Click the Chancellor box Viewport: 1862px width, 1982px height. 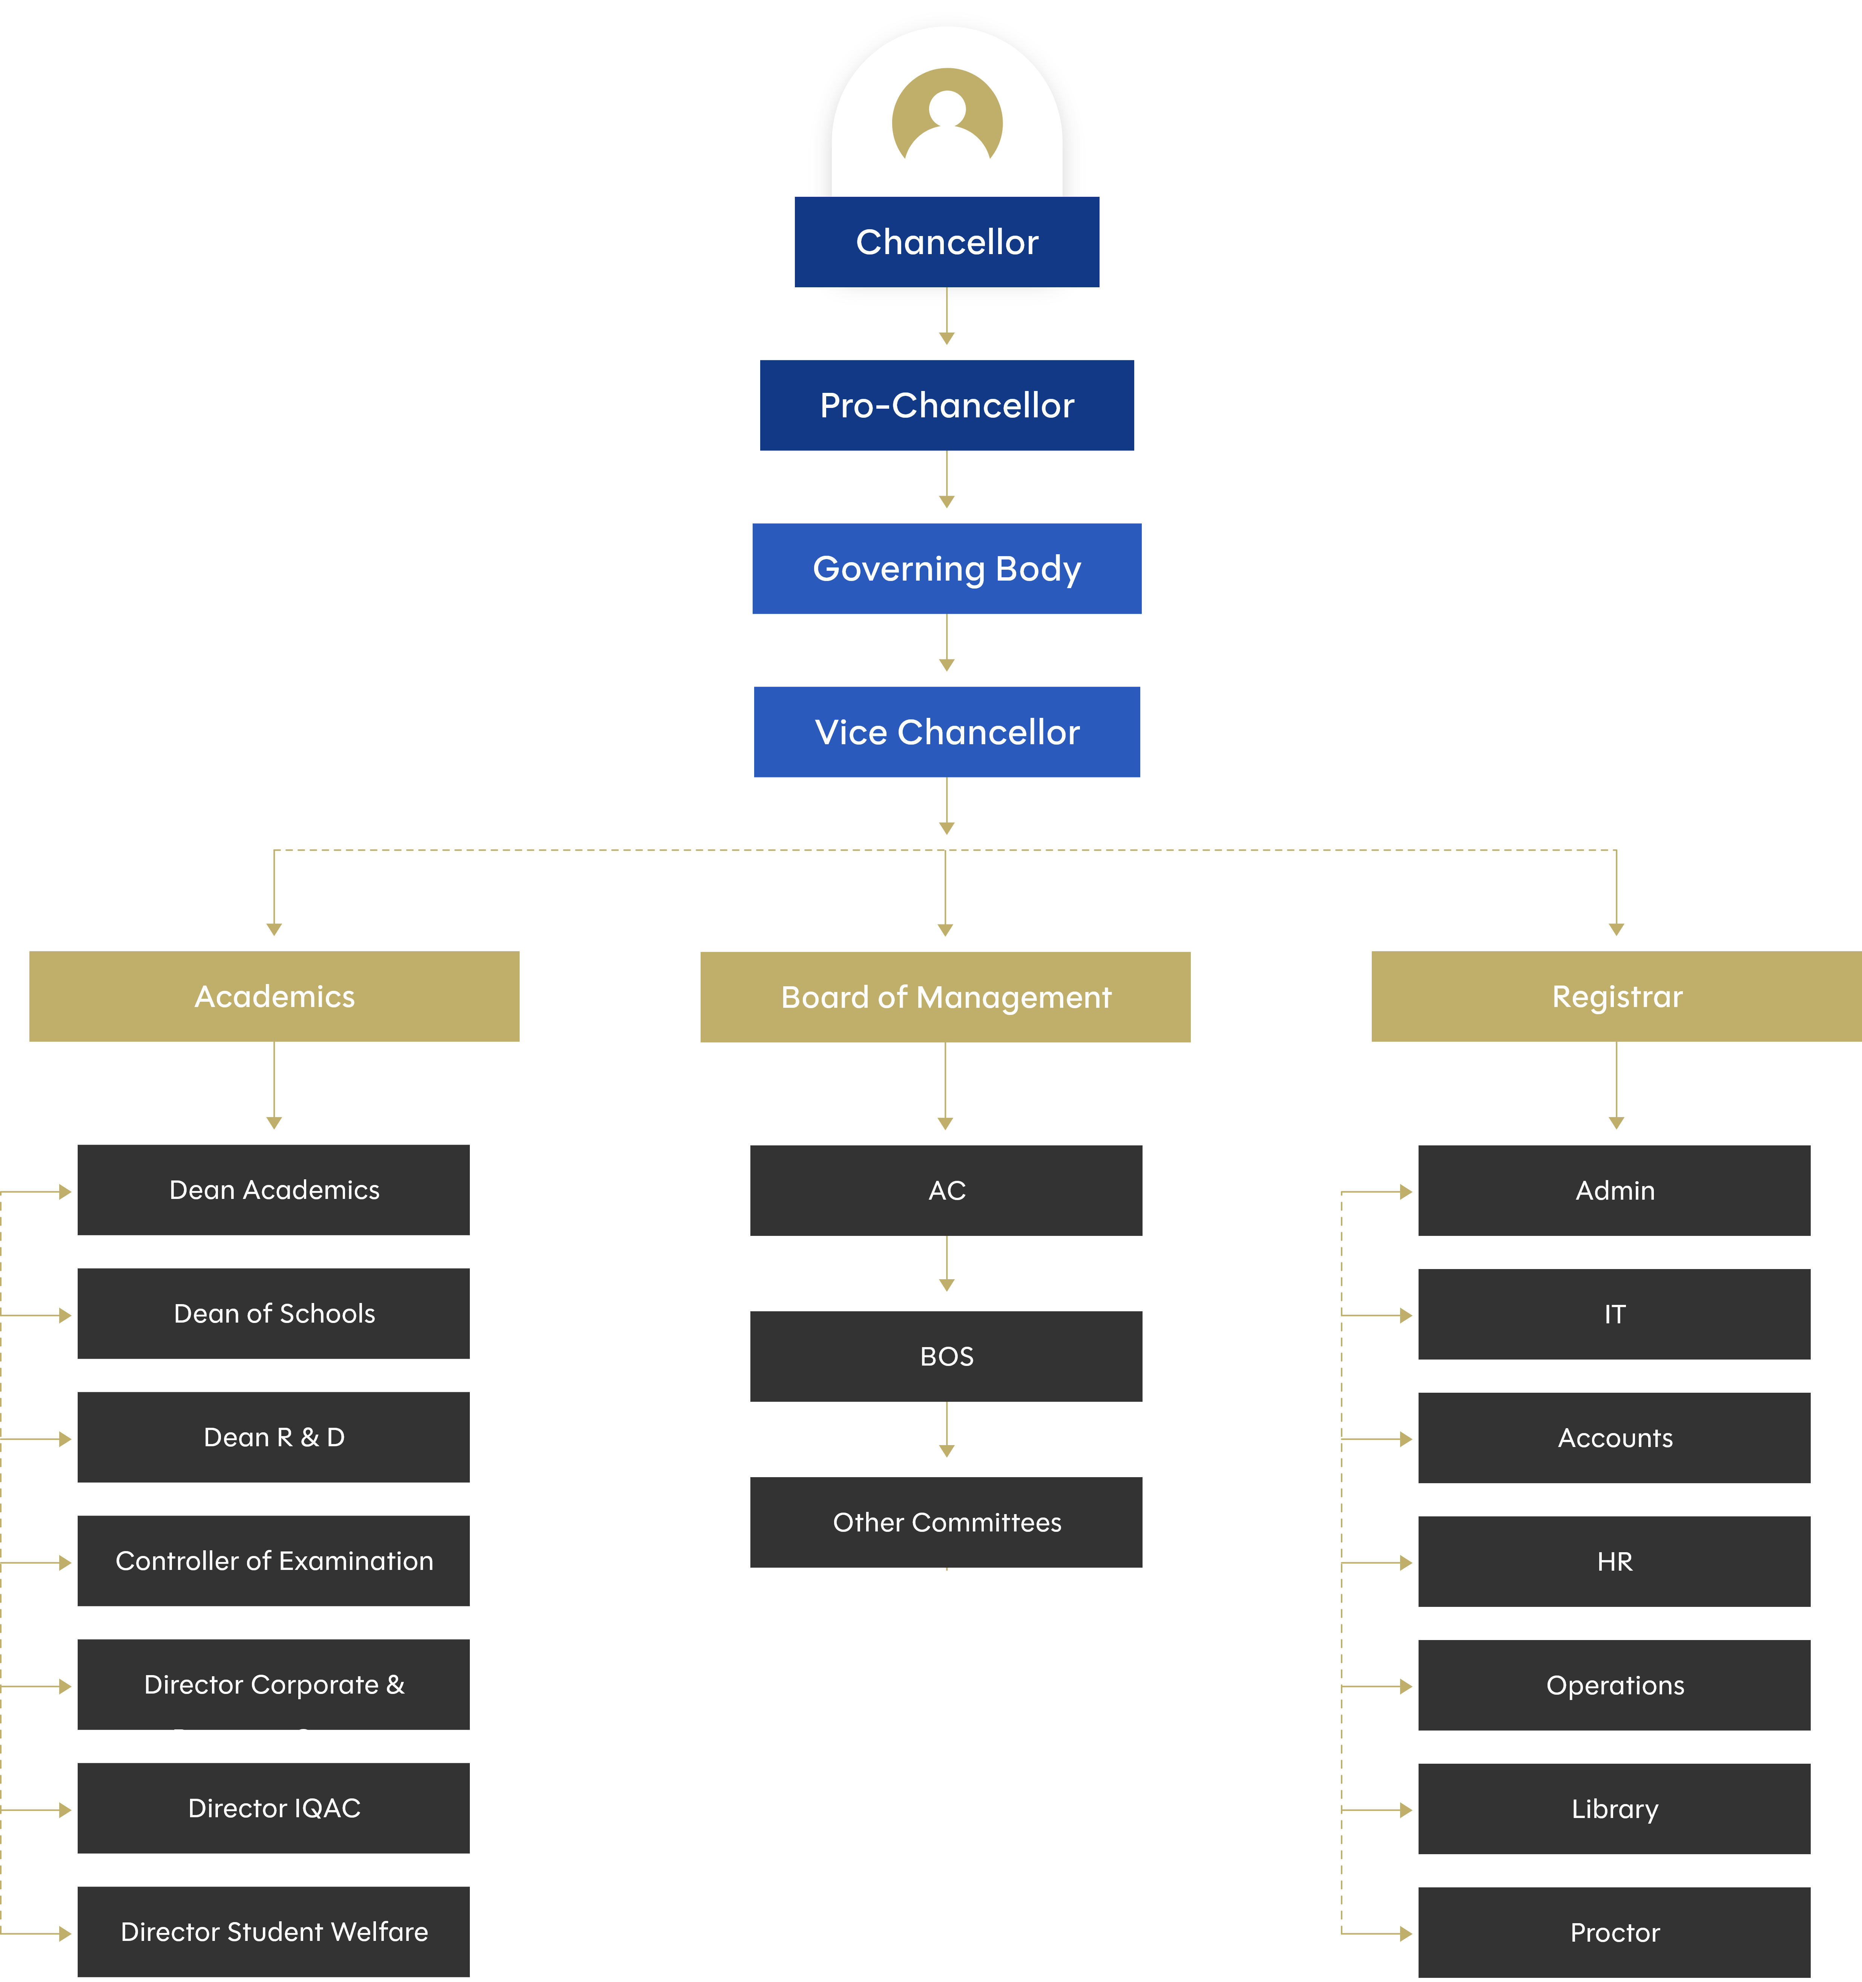click(946, 242)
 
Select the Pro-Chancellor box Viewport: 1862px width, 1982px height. click(946, 406)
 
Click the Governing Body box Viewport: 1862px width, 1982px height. click(946, 568)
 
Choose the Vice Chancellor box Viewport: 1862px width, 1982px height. click(946, 732)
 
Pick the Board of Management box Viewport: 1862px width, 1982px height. click(945, 997)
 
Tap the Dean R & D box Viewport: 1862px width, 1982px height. click(273, 1437)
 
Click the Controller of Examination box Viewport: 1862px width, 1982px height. click(273, 1560)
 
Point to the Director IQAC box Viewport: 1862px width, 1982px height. click(273, 1807)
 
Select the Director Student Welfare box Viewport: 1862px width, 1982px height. click(273, 1931)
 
